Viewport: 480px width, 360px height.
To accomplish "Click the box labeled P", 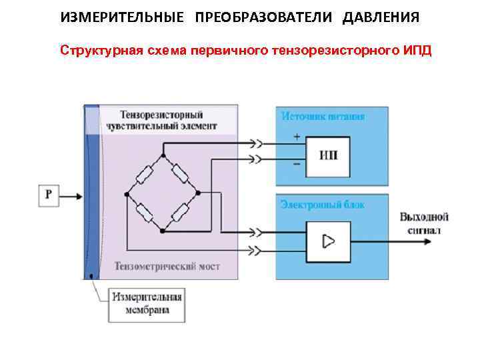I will pyautogui.click(x=49, y=195).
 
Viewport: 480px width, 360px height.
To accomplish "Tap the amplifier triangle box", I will pyautogui.click(x=328, y=241).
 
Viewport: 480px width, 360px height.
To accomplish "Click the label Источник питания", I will pyautogui.click(x=322, y=117).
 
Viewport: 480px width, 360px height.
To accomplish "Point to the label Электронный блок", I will pyautogui.click(x=322, y=205).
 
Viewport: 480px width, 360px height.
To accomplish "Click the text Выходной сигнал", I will pyautogui.click(x=424, y=223).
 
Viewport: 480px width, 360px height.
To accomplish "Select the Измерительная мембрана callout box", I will pyautogui.click(x=145, y=303).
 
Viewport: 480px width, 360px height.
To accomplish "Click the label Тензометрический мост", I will pyautogui.click(x=167, y=267).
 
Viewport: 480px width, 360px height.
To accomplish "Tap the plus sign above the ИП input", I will pyautogui.click(x=297, y=137).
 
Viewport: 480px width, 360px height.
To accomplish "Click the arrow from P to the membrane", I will pyautogui.click(x=73, y=196).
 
